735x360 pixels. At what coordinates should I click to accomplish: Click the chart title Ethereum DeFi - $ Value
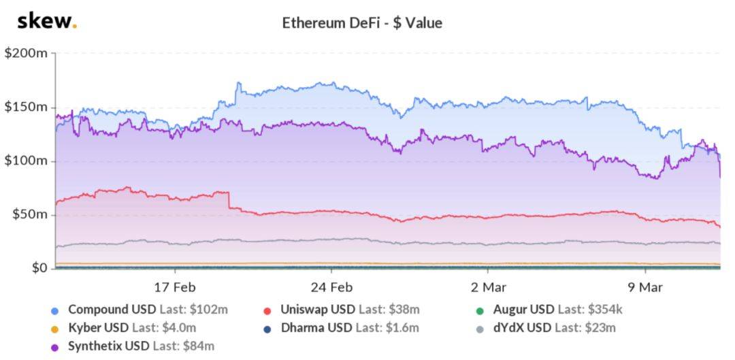(x=362, y=23)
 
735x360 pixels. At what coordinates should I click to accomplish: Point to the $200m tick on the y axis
(x=26, y=53)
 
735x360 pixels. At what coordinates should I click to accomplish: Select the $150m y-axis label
(x=26, y=107)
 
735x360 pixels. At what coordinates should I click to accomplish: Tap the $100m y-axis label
(x=26, y=161)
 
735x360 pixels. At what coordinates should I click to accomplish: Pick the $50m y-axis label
(x=29, y=214)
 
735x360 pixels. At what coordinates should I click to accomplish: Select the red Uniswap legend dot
(x=267, y=310)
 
